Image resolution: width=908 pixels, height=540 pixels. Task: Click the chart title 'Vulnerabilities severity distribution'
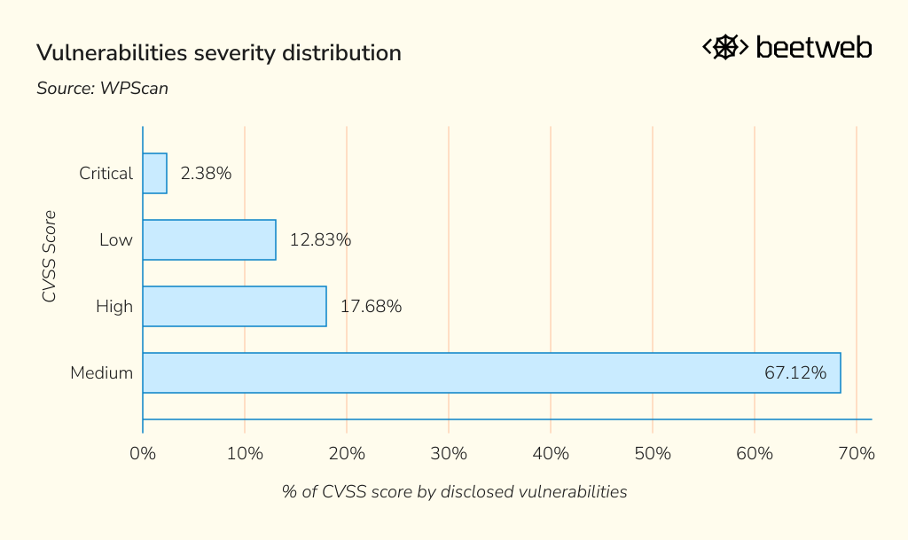click(218, 53)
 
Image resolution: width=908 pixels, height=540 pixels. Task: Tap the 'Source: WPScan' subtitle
click(102, 89)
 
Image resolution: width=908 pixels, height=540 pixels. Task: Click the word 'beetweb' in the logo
click(813, 48)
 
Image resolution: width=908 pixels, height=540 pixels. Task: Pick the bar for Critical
click(154, 174)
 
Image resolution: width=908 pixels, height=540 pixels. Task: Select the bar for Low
click(209, 240)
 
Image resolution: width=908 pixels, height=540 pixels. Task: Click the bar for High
click(234, 307)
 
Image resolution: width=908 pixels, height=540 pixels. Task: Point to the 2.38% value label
click(206, 174)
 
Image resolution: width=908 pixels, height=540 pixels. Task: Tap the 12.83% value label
click(320, 240)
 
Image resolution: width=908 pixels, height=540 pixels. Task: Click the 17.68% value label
click(371, 307)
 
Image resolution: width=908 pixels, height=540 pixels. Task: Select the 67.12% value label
click(795, 373)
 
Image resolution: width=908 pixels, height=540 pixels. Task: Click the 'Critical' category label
click(106, 174)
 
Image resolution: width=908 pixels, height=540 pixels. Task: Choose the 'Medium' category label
click(101, 373)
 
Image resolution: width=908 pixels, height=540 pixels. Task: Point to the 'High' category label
click(114, 307)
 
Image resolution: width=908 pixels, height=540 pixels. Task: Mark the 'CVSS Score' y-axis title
click(50, 256)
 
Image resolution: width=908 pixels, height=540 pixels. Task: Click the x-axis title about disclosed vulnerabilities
click(454, 491)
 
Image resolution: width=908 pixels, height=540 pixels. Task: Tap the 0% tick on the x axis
click(143, 454)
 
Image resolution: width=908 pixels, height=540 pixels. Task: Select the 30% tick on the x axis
click(449, 454)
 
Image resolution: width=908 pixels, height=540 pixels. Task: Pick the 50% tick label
click(653, 454)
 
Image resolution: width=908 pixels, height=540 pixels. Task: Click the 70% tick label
click(857, 454)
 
